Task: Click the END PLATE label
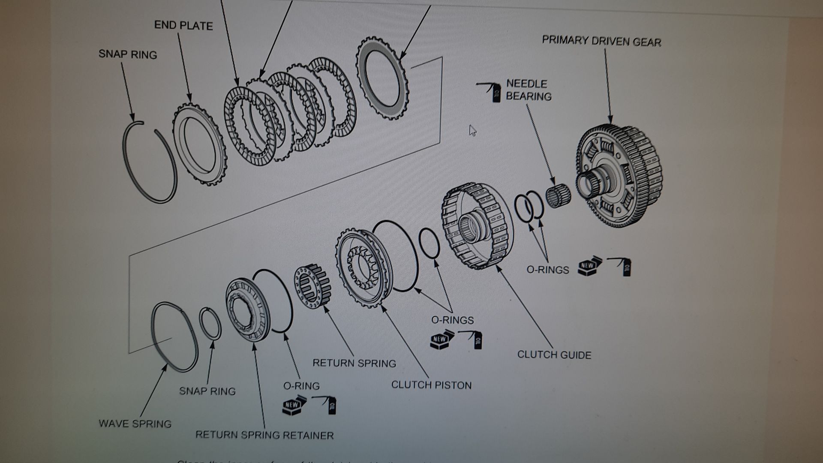[x=183, y=26]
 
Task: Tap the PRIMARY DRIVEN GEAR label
[x=601, y=41]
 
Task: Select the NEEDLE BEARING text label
[x=529, y=90]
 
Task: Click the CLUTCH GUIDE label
[x=554, y=355]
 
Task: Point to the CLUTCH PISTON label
[x=431, y=385]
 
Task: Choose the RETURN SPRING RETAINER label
[x=264, y=435]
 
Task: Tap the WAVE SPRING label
[x=135, y=424]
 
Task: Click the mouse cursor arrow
[x=472, y=130]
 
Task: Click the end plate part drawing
[x=199, y=146]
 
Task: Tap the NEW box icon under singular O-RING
[x=294, y=405]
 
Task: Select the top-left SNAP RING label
[x=128, y=54]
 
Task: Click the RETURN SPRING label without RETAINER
[x=354, y=363]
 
